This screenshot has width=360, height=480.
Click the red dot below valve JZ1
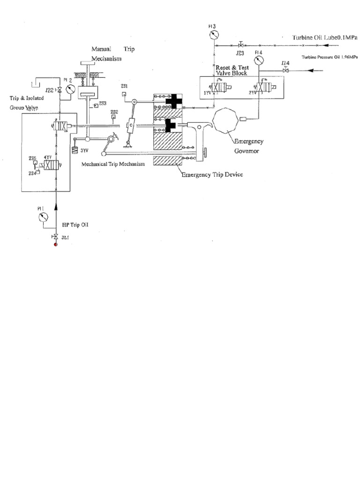pos(55,245)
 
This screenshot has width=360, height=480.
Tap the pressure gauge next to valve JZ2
pos(71,89)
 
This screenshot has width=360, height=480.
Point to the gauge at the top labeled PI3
pos(214,36)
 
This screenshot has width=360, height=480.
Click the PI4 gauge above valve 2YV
pos(257,62)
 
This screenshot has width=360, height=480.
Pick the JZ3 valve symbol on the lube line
pos(240,45)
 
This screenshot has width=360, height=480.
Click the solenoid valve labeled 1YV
pos(220,88)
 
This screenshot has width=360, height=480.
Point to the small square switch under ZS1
pos(123,94)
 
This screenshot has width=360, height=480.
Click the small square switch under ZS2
pos(113,118)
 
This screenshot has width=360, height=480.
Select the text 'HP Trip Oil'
pos(75,225)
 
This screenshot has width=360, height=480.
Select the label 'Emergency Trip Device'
pos(212,174)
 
